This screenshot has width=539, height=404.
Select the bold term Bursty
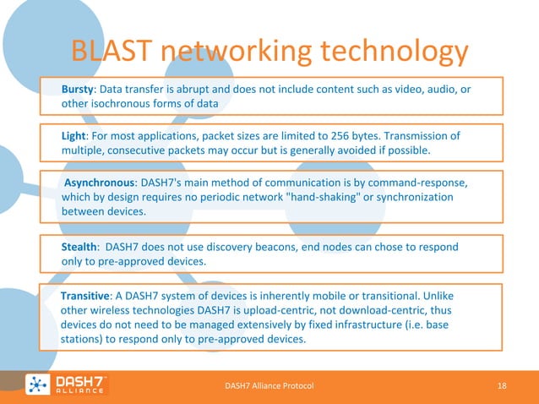[79, 90]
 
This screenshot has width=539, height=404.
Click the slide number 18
[502, 385]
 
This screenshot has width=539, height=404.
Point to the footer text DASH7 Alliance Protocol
[269, 385]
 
